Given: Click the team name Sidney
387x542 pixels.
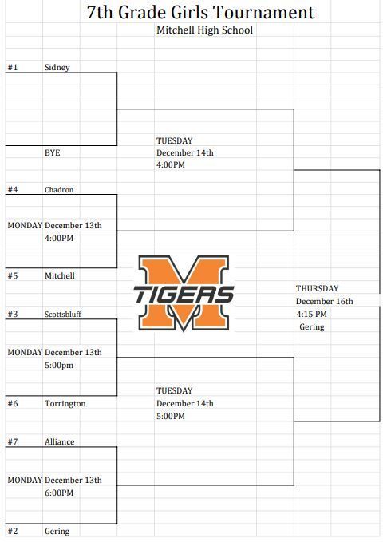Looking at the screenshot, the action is tap(57, 67).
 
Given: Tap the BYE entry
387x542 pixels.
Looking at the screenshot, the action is tap(52, 152).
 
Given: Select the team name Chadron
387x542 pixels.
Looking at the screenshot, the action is tap(59, 190).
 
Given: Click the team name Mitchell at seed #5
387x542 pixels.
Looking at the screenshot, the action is tap(60, 275).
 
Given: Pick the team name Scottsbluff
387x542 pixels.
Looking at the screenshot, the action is tap(63, 315).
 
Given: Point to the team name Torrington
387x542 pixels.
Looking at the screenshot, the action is tap(65, 404).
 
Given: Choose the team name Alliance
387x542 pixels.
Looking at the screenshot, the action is tap(59, 441).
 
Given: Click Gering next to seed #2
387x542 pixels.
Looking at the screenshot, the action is tap(57, 532).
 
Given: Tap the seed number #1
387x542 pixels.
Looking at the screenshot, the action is tap(13, 67).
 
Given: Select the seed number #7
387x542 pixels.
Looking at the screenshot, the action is tap(13, 441).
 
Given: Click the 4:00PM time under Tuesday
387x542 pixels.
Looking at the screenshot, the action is tap(171, 165).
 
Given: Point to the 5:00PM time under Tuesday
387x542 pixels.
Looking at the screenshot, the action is tap(171, 416).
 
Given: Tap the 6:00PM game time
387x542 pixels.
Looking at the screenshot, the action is tap(59, 493).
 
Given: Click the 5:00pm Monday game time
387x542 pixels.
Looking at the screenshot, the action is tap(59, 366).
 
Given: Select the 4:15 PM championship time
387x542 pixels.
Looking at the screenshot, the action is tap(312, 315).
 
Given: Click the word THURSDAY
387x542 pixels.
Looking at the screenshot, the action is tap(318, 289).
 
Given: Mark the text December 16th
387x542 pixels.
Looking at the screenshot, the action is tap(325, 302).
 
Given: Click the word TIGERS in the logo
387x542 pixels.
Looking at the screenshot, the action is tap(184, 295).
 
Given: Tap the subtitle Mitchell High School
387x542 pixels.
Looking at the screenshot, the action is tap(205, 30).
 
